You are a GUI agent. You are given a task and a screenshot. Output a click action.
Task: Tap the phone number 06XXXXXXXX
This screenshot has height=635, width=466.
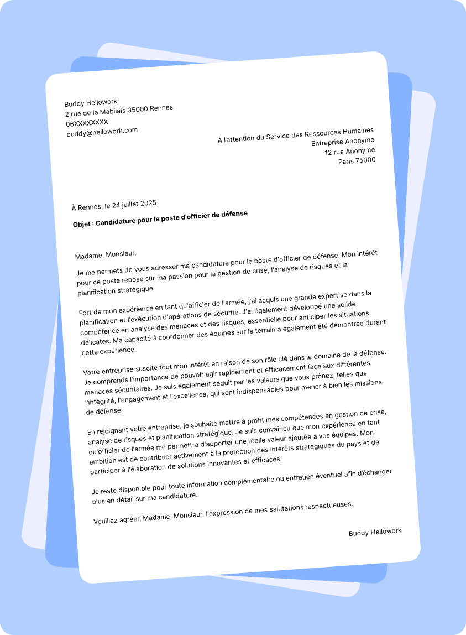click(87, 122)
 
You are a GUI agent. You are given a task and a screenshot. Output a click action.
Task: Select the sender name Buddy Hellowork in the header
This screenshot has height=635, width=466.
click(91, 103)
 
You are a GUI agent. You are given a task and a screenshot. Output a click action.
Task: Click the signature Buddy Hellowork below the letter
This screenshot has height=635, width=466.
click(375, 532)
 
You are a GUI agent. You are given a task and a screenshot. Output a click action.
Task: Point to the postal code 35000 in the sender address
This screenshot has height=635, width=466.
click(138, 110)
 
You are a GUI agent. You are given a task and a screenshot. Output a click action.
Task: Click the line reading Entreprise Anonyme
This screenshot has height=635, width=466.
click(343, 142)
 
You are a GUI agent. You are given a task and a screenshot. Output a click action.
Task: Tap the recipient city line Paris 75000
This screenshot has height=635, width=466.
click(357, 161)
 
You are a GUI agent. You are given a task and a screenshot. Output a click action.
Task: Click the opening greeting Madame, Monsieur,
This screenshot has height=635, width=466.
click(105, 254)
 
